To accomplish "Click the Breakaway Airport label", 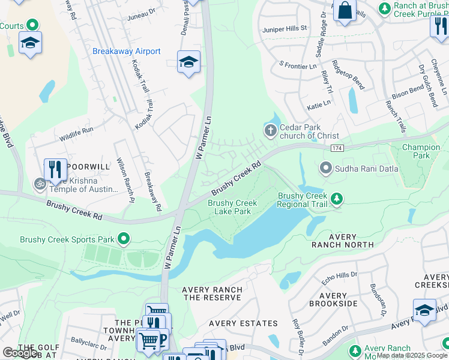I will (x=126, y=52).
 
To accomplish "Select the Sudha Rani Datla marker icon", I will (x=326, y=169).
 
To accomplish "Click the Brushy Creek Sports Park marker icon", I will (x=124, y=239).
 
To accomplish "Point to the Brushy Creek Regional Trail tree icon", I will (x=337, y=199).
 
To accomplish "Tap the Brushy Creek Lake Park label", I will (x=233, y=207).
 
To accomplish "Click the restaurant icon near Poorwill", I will (x=55, y=169).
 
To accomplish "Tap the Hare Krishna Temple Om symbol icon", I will (x=40, y=184).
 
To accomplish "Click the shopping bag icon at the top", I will (x=345, y=10).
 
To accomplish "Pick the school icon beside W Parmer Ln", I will (x=188, y=62).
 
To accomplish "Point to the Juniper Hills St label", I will (x=284, y=28).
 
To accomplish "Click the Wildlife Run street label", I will (x=76, y=130).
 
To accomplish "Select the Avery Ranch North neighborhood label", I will (x=342, y=241).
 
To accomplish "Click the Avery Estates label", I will (x=243, y=323).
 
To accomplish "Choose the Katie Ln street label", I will (x=319, y=104).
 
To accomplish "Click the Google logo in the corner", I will (x=20, y=353).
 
